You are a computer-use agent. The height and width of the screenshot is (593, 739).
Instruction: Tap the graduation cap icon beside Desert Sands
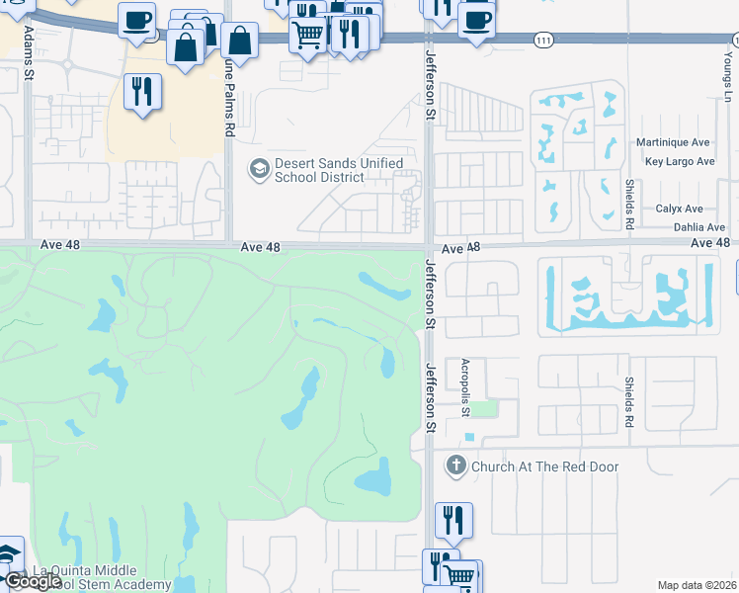[x=259, y=169]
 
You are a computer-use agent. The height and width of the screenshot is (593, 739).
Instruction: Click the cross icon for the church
[x=455, y=466]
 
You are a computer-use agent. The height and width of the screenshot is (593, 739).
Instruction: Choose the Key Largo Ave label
[x=679, y=161]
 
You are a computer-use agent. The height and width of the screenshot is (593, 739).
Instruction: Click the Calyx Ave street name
[x=679, y=209]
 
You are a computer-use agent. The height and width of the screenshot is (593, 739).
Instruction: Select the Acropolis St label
[x=464, y=387]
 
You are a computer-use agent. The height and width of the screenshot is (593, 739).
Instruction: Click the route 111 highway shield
[x=543, y=39]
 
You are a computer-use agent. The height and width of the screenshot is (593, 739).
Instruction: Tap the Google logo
[x=33, y=581]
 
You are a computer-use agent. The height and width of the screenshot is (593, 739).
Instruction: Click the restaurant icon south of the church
[x=453, y=519]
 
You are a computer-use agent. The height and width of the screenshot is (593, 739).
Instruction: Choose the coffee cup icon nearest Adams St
[x=136, y=18]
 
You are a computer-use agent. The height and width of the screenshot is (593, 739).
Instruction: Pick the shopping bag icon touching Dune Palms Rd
[x=239, y=41]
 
